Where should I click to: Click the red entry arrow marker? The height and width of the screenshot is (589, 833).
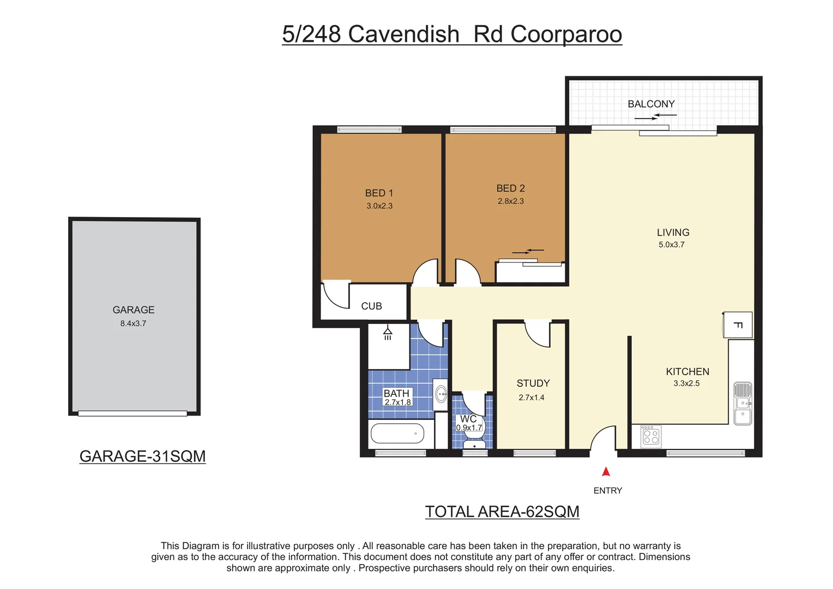(x=606, y=472)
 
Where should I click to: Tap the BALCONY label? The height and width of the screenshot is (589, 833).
(x=651, y=104)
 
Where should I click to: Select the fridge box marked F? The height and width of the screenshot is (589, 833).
(x=738, y=325)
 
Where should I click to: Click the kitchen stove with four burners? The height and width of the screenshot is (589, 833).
(x=651, y=436)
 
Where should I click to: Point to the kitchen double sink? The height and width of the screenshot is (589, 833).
(x=743, y=404)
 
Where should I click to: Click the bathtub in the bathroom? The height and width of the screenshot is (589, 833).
(x=397, y=434)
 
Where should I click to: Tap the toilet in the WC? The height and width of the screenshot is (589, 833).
(x=475, y=442)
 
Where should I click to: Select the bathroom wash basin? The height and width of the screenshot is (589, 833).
(x=441, y=393)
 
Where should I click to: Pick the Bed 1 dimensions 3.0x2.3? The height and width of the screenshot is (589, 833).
(x=379, y=206)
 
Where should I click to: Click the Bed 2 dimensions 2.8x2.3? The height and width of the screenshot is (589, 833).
(x=511, y=201)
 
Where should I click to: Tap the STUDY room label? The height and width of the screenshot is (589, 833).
(x=533, y=383)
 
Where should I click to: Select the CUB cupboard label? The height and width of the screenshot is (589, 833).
(x=371, y=306)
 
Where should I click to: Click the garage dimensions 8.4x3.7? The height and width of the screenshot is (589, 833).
(x=133, y=323)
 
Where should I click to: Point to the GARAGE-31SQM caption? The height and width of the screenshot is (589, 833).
(x=142, y=456)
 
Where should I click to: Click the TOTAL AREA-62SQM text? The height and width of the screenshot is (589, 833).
(x=502, y=512)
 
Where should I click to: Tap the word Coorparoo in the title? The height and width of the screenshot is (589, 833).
(x=566, y=34)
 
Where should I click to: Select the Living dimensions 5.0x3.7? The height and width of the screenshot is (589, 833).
(x=672, y=245)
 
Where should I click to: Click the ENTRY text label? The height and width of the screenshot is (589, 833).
(x=607, y=491)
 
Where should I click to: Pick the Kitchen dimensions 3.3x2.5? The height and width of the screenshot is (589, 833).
(x=686, y=383)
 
